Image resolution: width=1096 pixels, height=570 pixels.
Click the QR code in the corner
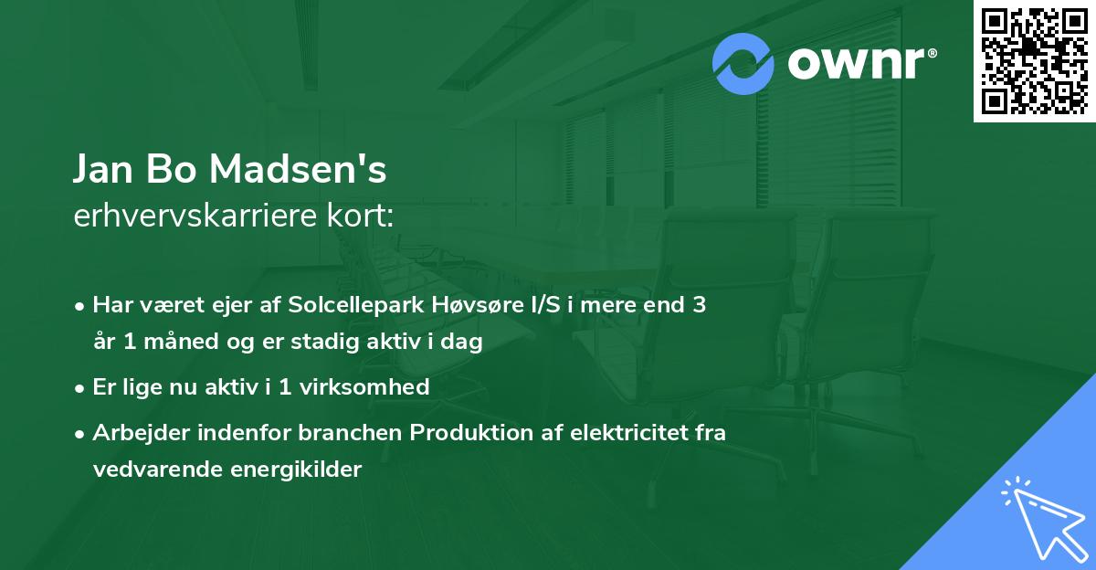coord(1035,60)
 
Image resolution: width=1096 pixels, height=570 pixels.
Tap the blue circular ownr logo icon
coord(743,64)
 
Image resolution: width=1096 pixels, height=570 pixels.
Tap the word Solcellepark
coord(356,305)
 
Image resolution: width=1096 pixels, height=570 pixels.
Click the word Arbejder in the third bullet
coord(132,433)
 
